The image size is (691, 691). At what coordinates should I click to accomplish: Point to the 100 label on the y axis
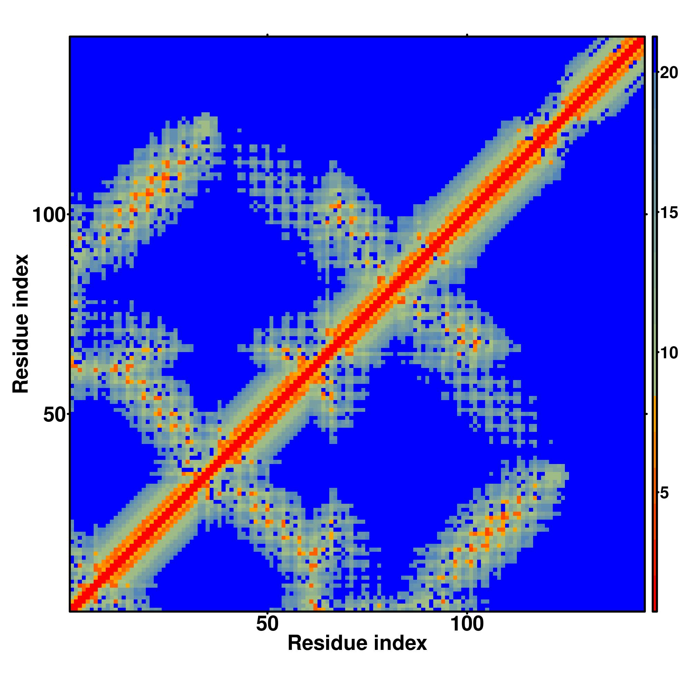50,216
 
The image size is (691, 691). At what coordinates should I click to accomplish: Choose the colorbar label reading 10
669,353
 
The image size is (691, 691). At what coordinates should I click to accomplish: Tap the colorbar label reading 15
669,214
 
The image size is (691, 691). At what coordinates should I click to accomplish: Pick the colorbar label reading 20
669,73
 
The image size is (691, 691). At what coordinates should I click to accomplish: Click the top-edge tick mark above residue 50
267,35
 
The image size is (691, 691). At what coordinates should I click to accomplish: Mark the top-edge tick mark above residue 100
467,35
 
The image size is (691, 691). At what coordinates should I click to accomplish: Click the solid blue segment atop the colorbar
654,54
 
